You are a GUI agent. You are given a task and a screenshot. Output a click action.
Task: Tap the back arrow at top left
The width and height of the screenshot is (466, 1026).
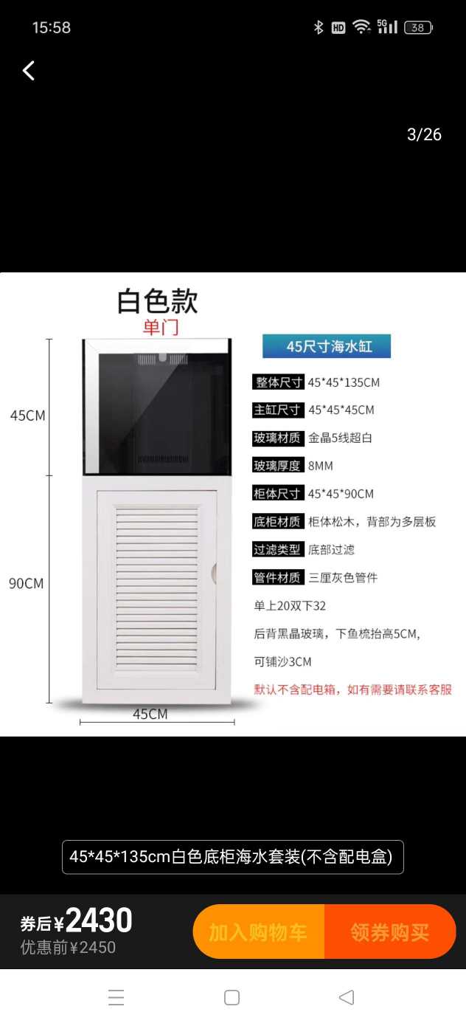pyautogui.click(x=29, y=71)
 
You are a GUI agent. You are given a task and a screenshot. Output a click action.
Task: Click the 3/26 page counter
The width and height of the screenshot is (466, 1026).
pyautogui.click(x=424, y=134)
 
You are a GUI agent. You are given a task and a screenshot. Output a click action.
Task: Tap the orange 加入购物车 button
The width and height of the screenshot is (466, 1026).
pyautogui.click(x=258, y=932)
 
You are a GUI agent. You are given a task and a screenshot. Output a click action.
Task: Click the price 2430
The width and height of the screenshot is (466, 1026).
pyautogui.click(x=99, y=920)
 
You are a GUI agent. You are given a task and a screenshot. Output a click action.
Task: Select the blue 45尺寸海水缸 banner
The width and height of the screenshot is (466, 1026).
pyautogui.click(x=327, y=345)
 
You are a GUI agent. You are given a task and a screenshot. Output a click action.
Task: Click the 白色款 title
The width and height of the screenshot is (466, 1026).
pyautogui.click(x=158, y=301)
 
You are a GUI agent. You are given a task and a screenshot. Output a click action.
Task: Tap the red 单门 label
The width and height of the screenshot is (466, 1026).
pyautogui.click(x=160, y=327)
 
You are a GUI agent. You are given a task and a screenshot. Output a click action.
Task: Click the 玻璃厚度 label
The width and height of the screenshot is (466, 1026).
pyautogui.click(x=277, y=466)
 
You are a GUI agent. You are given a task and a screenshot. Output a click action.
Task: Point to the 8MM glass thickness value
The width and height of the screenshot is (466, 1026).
pyautogui.click(x=321, y=466)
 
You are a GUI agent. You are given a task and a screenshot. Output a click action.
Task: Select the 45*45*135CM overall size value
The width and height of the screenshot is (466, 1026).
pyautogui.click(x=344, y=382)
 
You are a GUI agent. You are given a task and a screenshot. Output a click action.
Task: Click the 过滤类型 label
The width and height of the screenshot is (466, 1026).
pyautogui.click(x=277, y=550)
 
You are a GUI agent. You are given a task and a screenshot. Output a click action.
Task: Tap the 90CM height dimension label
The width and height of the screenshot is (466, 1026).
pyautogui.click(x=26, y=583)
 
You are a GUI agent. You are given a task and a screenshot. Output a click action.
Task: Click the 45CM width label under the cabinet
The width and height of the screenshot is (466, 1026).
pyautogui.click(x=150, y=714)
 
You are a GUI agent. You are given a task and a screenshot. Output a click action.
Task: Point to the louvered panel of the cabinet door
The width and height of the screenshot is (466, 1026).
pyautogui.click(x=157, y=587)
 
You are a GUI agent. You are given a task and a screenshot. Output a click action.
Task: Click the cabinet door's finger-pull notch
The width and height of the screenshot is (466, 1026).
pyautogui.click(x=214, y=573)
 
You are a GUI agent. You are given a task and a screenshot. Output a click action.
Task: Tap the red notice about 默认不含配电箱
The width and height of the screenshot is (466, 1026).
pyautogui.click(x=352, y=689)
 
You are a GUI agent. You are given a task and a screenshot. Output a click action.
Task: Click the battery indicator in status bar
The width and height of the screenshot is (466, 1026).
pyautogui.click(x=418, y=28)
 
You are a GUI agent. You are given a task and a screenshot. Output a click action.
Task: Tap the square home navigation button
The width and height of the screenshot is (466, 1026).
pyautogui.click(x=232, y=998)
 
